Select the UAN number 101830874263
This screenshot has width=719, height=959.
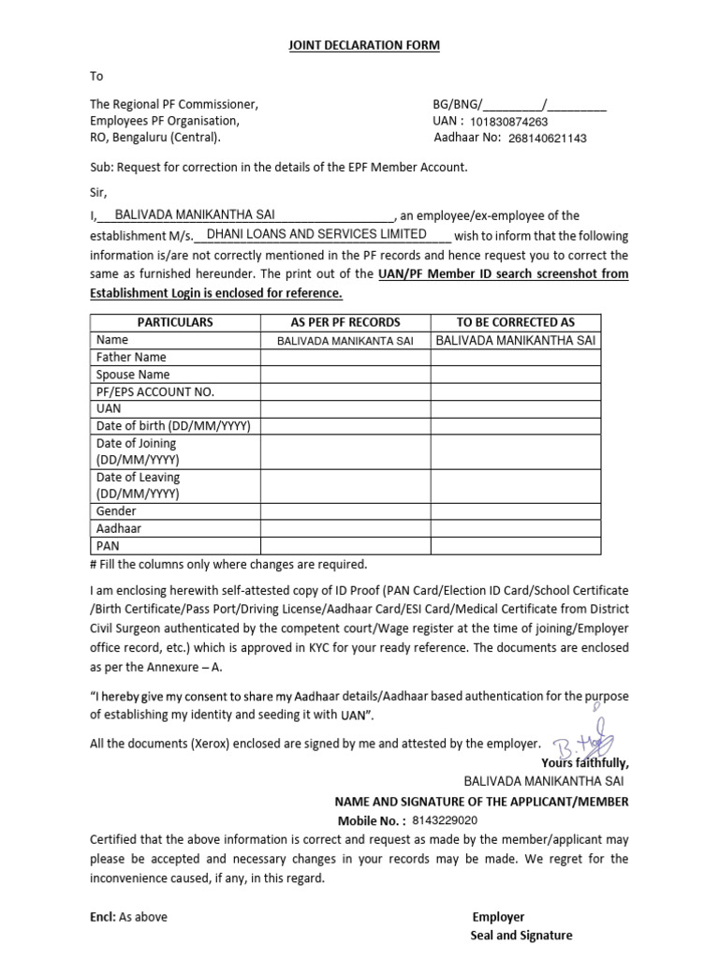click(x=509, y=122)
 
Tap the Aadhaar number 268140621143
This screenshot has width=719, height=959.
click(x=548, y=139)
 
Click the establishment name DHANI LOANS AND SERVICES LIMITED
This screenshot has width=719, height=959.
click(x=316, y=234)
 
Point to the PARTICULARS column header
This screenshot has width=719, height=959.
click(x=175, y=322)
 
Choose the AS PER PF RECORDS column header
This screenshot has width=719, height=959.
click(x=345, y=322)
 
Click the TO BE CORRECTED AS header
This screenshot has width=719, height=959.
click(x=516, y=322)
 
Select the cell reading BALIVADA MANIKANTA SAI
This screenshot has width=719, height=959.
click(x=345, y=341)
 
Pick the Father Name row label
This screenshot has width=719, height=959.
click(x=131, y=357)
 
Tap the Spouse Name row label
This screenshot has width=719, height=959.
click(x=133, y=375)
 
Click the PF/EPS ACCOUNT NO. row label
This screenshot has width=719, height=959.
click(x=155, y=391)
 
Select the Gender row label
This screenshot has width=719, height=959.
click(x=116, y=511)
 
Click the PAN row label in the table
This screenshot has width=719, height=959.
click(x=109, y=545)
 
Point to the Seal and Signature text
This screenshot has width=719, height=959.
click(x=521, y=935)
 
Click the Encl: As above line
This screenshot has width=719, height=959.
click(x=128, y=917)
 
